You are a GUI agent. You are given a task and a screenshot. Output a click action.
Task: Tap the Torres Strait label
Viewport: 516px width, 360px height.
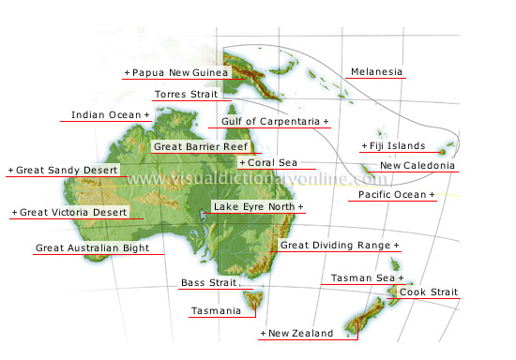(186, 95)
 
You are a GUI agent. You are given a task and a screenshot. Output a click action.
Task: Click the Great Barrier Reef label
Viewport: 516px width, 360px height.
(201, 147)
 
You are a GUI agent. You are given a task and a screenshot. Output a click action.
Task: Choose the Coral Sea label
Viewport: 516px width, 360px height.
(271, 162)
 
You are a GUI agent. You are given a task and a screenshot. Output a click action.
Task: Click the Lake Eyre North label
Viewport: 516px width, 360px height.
(259, 206)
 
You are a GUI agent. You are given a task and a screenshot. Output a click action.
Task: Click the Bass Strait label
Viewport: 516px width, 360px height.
(207, 282)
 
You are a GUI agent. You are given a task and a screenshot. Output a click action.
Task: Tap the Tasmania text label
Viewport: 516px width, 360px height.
(215, 310)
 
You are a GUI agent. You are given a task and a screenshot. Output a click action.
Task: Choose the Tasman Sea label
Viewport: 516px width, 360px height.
(367, 278)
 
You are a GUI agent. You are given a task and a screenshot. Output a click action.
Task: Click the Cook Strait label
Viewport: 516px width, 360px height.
(429, 292)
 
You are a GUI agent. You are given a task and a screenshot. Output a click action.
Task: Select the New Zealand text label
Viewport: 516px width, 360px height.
(296, 333)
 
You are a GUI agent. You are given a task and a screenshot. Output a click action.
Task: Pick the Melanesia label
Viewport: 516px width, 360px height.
(376, 72)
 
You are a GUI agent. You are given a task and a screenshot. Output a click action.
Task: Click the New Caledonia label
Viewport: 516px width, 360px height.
(417, 166)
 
